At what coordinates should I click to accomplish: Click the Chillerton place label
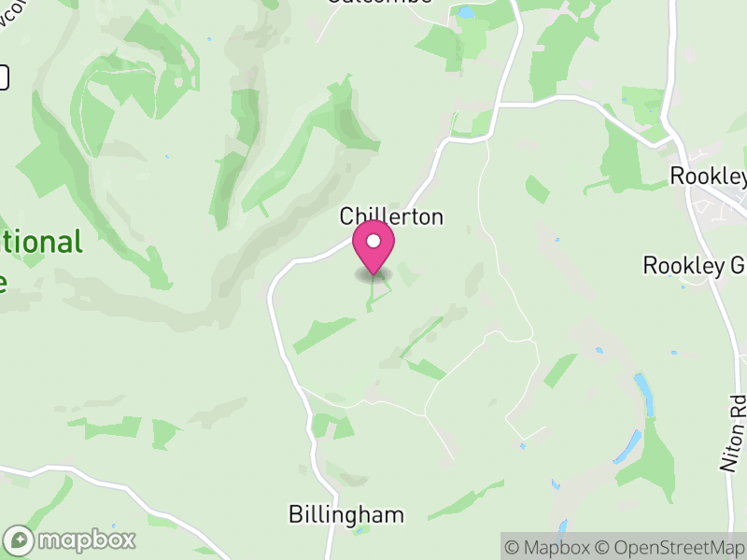[x=391, y=217]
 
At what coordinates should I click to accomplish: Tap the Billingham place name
[x=346, y=514]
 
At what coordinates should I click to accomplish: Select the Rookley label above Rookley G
[x=709, y=176]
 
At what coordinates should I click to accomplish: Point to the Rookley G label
[x=695, y=265]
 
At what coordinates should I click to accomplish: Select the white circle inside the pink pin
[x=373, y=242]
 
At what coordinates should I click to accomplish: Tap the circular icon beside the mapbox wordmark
[x=20, y=539]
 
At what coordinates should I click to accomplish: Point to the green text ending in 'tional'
[x=41, y=243]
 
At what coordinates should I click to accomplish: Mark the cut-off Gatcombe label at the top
[x=380, y=2]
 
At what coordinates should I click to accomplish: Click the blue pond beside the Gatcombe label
[x=464, y=12]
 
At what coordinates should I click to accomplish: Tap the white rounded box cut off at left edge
[x=4, y=77]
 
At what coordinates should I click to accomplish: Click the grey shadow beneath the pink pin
[x=373, y=275]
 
